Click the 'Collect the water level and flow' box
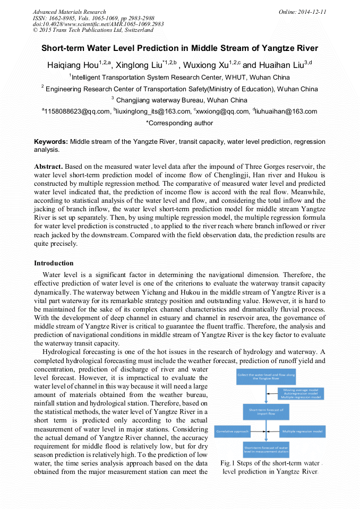coord(266,377)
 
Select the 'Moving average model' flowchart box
coord(301,393)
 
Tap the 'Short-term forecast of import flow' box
coord(266,412)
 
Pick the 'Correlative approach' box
coord(233,432)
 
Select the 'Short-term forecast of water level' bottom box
coord(266,450)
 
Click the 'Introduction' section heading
coord(54,263)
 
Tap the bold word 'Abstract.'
coord(48,166)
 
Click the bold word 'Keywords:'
coord(51,142)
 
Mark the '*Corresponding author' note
coord(179,123)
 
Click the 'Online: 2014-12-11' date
coord(302,12)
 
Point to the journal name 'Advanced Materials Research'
coord(69,12)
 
